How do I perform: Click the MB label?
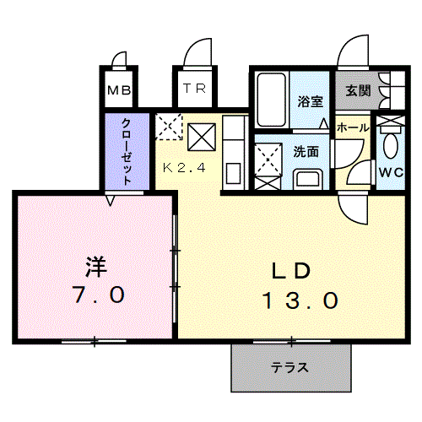[119, 90]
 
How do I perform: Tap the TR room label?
[195, 89]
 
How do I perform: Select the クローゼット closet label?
[127, 152]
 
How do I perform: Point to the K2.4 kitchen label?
[184, 168]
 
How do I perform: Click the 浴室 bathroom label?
[310, 101]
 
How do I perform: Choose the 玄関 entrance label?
[358, 90]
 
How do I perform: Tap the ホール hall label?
[353, 127]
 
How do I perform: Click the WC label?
[391, 172]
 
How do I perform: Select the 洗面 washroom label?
[306, 152]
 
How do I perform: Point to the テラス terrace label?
[289, 367]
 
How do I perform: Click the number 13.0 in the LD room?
[300, 300]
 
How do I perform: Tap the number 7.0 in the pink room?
[98, 295]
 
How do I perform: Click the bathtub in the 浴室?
[272, 100]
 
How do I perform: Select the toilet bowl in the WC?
[391, 145]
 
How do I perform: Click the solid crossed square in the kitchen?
[202, 138]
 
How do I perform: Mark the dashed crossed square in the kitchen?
[169, 127]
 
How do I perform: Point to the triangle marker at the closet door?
[111, 200]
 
